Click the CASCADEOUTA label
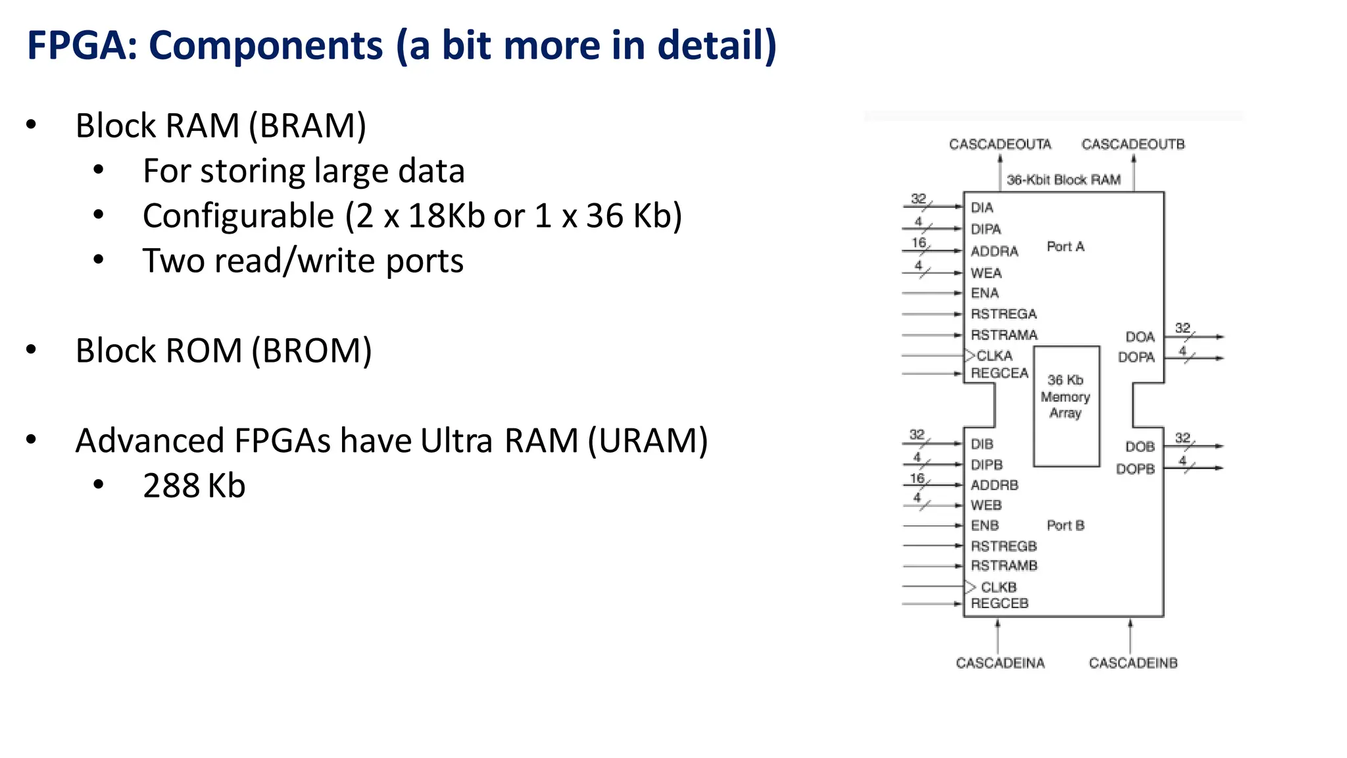point(1000,144)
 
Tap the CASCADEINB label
point(1133,663)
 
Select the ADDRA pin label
point(994,251)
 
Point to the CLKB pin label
point(998,587)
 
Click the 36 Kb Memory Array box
point(1065,406)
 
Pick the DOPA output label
point(1136,357)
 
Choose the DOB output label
point(1139,447)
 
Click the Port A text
point(1065,247)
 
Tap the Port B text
point(1065,526)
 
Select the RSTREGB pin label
point(1003,546)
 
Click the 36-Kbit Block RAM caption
point(1063,180)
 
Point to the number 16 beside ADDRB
point(917,478)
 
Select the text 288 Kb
point(194,486)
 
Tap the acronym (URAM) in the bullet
point(647,441)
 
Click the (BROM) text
point(312,351)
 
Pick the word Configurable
point(239,216)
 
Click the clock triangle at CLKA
point(969,355)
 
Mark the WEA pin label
point(985,273)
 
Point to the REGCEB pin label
point(999,603)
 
